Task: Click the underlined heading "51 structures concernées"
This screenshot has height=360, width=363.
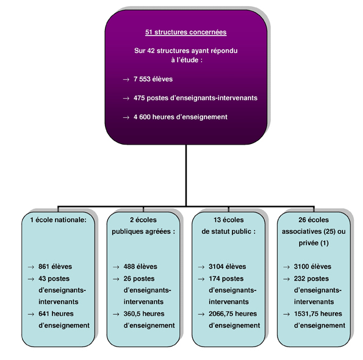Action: pos(185,32)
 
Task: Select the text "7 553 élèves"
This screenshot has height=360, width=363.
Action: pos(153,79)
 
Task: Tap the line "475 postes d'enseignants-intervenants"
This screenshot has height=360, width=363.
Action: pos(195,98)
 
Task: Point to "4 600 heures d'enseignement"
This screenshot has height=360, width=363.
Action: pos(181,117)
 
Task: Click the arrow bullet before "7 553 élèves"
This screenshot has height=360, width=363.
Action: pos(126,80)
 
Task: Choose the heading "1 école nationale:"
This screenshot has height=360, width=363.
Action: pos(58,220)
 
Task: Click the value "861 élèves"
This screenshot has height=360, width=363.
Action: pos(55,267)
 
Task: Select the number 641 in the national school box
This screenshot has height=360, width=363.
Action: pos(44,314)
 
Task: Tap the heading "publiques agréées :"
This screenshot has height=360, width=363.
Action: pos(143,231)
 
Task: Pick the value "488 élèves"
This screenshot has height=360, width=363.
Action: pos(140,267)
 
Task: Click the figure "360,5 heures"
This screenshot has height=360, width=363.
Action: pos(144,314)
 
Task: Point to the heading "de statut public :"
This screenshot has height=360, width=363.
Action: pos(229,231)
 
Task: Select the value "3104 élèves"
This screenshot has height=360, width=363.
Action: pos(228,267)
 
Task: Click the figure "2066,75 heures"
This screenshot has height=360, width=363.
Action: pos(232,314)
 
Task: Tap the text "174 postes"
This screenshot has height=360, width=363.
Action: pos(226,278)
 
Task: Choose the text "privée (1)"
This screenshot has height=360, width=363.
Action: pos(314,243)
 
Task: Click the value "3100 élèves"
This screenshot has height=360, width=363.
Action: pos(312,267)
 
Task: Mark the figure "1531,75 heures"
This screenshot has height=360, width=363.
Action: pos(318,314)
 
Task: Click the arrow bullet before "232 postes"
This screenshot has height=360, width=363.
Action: pos(286,279)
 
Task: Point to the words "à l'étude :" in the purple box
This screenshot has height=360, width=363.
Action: pos(187,60)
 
